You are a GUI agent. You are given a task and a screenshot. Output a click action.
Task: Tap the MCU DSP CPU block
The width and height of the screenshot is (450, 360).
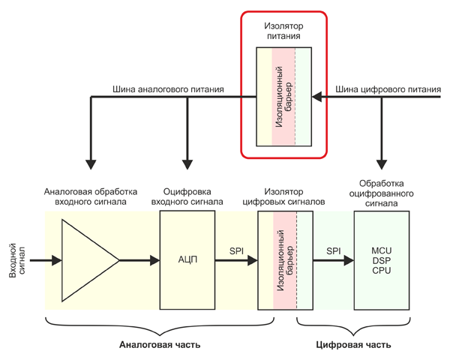382,260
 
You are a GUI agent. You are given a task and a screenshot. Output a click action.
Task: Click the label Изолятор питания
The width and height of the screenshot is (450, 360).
283,29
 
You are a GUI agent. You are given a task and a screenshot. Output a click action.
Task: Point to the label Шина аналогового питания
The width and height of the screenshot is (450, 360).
168,90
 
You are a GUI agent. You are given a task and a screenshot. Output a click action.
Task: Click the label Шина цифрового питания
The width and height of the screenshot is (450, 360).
387,90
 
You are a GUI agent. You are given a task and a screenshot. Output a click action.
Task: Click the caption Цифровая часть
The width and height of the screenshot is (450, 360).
352,345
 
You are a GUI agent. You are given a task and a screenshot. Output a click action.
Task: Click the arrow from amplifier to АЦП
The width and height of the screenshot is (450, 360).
139,261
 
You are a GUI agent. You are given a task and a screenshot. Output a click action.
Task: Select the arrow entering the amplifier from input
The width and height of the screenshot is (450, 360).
45,261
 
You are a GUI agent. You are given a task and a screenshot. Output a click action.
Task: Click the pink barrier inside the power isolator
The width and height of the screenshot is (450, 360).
283,97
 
